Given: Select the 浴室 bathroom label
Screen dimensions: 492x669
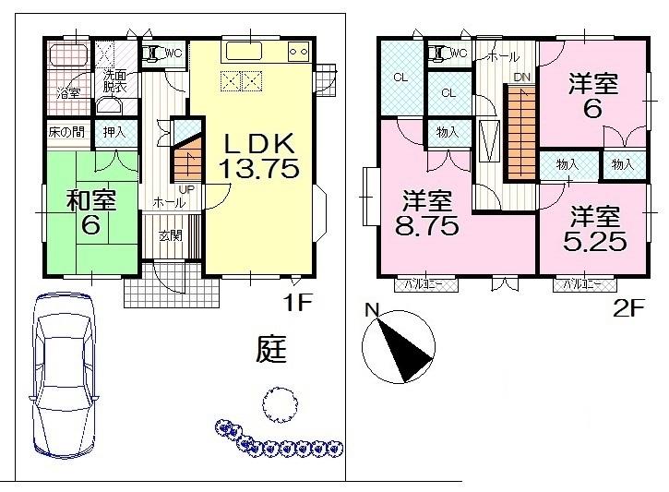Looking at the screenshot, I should (x=68, y=93).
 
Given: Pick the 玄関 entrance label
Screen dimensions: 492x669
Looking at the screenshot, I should (x=170, y=235).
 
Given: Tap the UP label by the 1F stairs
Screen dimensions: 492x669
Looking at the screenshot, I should (x=185, y=189).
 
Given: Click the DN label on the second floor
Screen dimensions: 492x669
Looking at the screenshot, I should (x=521, y=78).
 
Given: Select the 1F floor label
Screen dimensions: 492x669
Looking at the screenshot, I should (x=297, y=302).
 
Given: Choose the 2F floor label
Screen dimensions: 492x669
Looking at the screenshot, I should (x=627, y=308).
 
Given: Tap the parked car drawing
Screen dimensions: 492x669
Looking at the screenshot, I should (x=63, y=375).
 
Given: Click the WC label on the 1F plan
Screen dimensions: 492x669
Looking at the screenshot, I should (x=171, y=54).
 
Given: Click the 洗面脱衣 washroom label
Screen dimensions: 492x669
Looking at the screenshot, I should (x=115, y=81).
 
